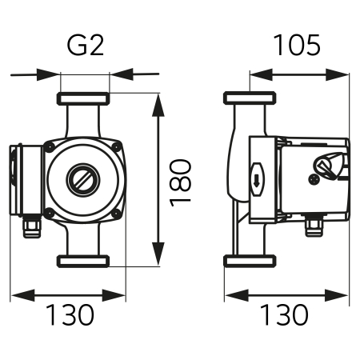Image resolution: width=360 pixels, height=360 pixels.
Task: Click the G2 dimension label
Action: click(x=85, y=46)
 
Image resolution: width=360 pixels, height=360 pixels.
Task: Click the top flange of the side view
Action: click(x=250, y=100)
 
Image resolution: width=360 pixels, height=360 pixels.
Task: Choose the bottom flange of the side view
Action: click(x=250, y=261)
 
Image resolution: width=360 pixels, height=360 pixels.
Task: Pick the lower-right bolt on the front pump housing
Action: click(x=118, y=213)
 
